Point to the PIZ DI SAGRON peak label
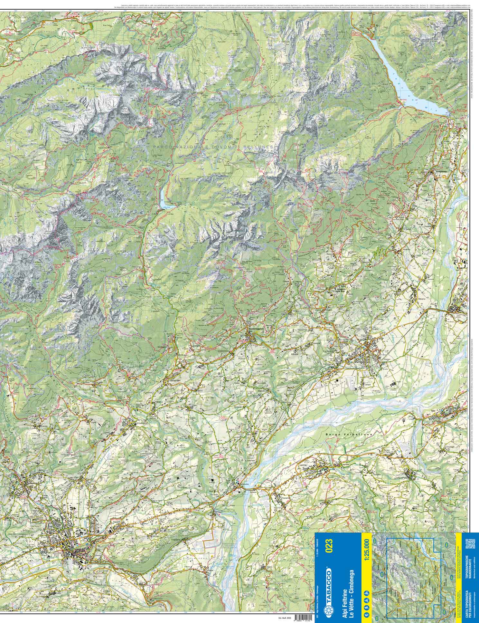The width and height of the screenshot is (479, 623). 123,67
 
